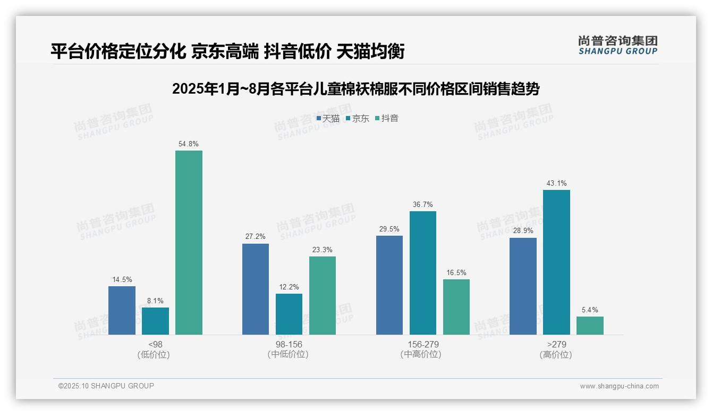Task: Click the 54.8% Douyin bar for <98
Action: click(189, 243)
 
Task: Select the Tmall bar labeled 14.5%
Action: click(122, 310)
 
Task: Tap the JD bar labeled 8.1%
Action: click(155, 321)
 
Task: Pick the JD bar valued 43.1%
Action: click(556, 262)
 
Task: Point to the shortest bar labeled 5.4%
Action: click(590, 326)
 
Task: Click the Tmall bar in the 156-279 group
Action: click(389, 285)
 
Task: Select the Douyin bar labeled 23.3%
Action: click(323, 295)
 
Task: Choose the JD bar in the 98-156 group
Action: click(289, 314)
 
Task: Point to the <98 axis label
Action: click(155, 344)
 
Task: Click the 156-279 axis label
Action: click(423, 344)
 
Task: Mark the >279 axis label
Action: click(556, 344)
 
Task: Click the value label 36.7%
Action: click(423, 204)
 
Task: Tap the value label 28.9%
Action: click(523, 231)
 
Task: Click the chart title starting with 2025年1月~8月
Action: click(355, 89)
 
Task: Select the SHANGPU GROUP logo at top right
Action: click(617, 45)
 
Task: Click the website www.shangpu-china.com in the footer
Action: click(619, 386)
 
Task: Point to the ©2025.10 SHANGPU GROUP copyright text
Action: click(106, 386)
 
